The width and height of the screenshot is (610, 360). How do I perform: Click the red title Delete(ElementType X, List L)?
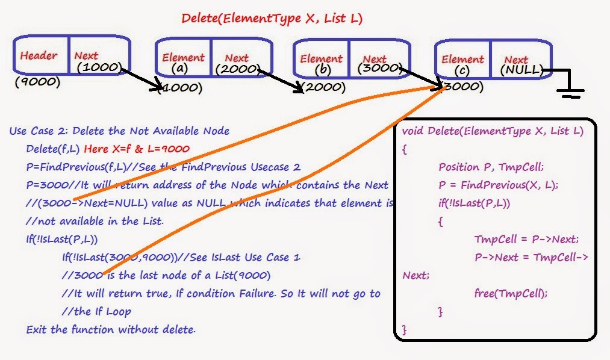tap(272, 19)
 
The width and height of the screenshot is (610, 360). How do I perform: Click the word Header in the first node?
tap(39, 56)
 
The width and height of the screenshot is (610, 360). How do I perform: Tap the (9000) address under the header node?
tap(38, 81)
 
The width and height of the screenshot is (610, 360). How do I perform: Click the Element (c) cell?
tap(462, 63)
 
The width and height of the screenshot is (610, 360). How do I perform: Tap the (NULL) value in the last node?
tap(521, 70)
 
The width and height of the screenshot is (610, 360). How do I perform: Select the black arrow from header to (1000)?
tap(140, 77)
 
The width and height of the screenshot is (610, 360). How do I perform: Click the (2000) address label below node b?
tap(324, 87)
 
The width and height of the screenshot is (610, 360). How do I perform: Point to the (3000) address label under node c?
tap(462, 87)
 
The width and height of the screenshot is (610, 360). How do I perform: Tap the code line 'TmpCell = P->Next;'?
tap(526, 239)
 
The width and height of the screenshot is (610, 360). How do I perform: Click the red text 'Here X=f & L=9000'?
tap(137, 149)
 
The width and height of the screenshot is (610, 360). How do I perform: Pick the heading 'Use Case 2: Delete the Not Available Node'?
tap(119, 131)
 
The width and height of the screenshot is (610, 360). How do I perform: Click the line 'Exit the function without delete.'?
tap(111, 329)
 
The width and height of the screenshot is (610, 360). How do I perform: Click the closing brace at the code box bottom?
tap(404, 330)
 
